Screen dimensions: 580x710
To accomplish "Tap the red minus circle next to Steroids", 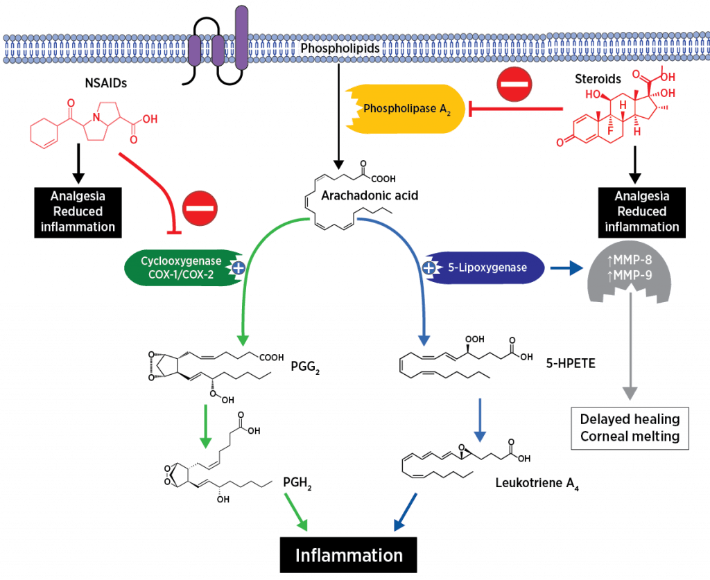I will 514,85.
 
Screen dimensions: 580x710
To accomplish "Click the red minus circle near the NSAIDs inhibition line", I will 200,206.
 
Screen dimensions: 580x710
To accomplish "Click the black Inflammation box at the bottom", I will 348,555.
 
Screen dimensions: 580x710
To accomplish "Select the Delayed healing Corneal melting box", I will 630,428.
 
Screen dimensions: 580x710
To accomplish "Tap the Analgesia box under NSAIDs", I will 78,211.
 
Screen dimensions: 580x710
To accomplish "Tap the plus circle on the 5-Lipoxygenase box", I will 428,267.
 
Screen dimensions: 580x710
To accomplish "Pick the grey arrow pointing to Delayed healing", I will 629,346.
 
